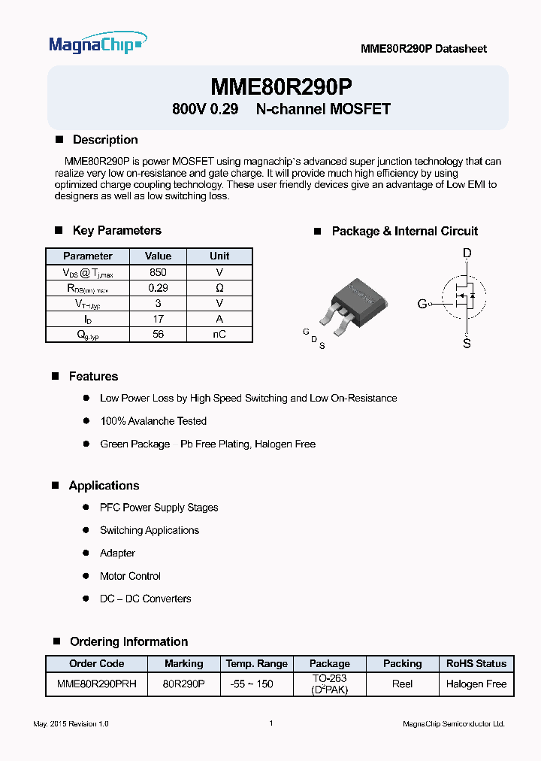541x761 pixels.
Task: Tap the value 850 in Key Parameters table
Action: (x=158, y=272)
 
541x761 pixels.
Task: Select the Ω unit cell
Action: (x=219, y=288)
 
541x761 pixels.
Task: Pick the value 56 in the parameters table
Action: (x=158, y=335)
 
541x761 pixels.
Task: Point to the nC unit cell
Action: (x=219, y=335)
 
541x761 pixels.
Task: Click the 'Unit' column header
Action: (x=219, y=256)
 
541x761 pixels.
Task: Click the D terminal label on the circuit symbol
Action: (x=467, y=254)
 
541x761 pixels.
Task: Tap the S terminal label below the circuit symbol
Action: (x=467, y=344)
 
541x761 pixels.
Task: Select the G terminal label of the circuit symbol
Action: (x=422, y=304)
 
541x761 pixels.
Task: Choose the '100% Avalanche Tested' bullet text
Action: (x=153, y=421)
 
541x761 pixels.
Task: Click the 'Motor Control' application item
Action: (x=130, y=576)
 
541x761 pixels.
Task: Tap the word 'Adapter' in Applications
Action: (x=117, y=553)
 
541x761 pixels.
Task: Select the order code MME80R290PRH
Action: (x=97, y=684)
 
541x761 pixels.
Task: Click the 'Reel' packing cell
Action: (x=402, y=684)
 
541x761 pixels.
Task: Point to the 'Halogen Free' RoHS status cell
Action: (x=476, y=684)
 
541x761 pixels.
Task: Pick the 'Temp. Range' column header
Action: (x=256, y=664)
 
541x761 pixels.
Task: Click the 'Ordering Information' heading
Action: (x=128, y=641)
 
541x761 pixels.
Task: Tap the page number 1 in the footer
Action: (x=270, y=723)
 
